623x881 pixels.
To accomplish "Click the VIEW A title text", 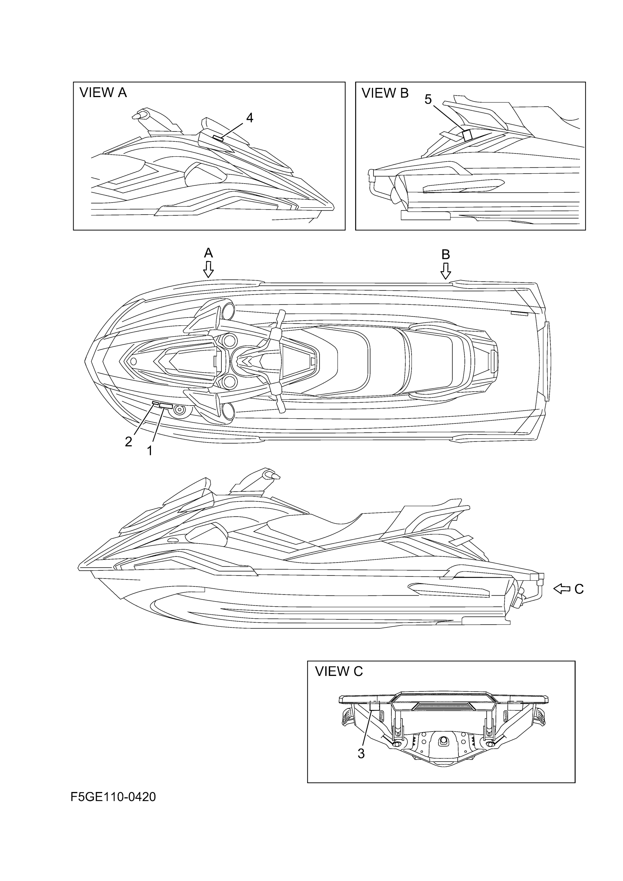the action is coord(103,92).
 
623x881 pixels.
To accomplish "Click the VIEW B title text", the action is coord(385,93).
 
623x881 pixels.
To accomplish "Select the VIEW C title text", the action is coord(339,671).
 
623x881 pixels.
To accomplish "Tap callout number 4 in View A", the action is coord(250,118).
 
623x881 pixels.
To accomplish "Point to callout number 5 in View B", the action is coord(428,99).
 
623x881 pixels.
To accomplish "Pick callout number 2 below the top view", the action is coord(129,442).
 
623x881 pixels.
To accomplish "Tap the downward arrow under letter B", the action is coord(445,271).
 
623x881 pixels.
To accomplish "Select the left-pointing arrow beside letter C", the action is coord(561,589).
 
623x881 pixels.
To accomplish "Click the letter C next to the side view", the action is coord(579,589).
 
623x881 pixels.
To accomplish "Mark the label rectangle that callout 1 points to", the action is coord(166,406).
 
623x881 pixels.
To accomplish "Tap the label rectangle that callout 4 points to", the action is coord(218,138).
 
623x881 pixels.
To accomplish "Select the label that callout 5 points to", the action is coord(467,136).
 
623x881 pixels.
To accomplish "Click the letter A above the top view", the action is coord(208,253).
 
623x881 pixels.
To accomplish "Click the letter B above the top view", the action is coord(445,254).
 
